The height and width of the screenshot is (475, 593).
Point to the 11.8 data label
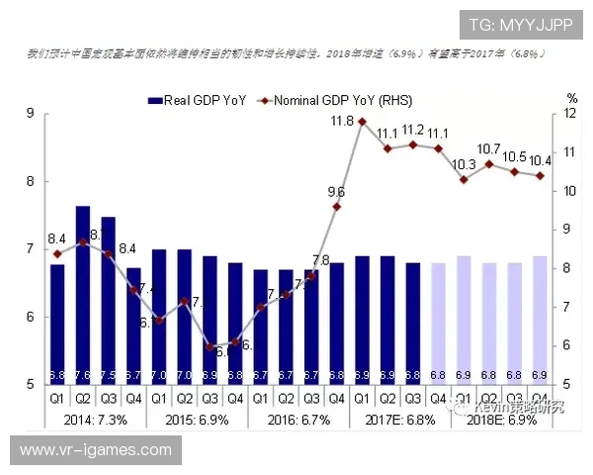click(x=343, y=121)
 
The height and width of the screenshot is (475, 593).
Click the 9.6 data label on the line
click(x=336, y=192)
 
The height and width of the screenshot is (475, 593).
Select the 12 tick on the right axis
click(x=570, y=114)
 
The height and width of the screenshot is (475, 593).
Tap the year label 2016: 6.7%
click(x=296, y=420)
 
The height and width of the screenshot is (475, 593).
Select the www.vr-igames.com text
click(x=96, y=450)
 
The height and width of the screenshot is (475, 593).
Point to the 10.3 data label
click(x=464, y=164)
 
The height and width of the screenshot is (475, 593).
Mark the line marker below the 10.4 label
click(x=539, y=176)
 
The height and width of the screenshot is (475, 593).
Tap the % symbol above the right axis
click(x=571, y=98)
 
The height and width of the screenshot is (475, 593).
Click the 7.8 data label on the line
click(x=321, y=261)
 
